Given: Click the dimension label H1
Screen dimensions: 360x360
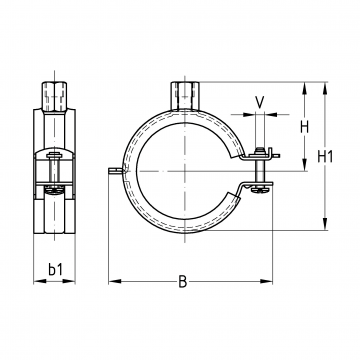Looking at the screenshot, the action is [325, 156].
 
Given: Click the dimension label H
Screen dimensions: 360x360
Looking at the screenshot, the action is [304, 127].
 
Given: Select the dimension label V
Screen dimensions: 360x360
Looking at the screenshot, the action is [260, 102].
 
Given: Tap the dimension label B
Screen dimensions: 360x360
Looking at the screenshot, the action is [182, 282].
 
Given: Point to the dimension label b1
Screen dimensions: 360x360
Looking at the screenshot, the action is [55, 269].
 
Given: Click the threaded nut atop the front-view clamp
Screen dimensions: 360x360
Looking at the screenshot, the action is [184, 96].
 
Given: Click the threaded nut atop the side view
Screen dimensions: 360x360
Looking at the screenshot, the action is [54, 96].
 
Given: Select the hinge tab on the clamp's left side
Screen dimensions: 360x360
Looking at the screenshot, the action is [116, 170].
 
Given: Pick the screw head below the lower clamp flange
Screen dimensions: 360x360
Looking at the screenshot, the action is [260, 190].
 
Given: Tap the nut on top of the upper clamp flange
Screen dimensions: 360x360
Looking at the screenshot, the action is [260, 152].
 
